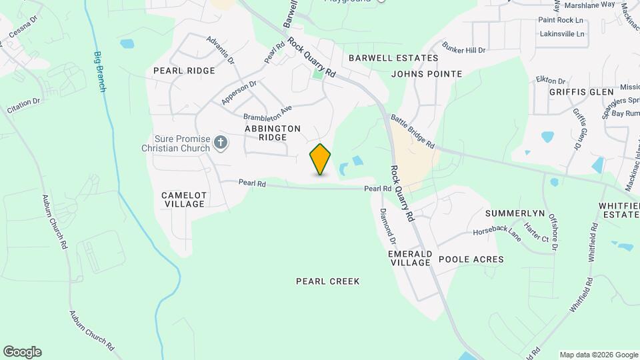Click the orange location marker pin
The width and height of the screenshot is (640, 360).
320,159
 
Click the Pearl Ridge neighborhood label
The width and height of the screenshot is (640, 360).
184,71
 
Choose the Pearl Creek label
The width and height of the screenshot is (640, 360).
328,281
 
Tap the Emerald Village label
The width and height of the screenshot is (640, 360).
410,259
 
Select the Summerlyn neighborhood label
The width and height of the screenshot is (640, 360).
515,213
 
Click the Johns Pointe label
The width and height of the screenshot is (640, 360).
427,73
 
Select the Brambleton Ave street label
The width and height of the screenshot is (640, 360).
268,111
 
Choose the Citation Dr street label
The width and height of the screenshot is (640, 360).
23,105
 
